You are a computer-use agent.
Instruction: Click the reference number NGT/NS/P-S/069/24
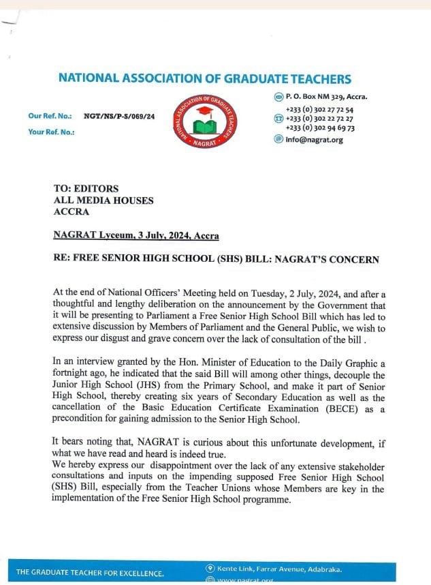click(x=119, y=117)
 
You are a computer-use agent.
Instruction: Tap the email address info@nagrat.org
click(x=314, y=140)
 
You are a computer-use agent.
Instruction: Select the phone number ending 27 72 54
click(x=319, y=109)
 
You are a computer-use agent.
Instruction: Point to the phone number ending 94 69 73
click(x=319, y=127)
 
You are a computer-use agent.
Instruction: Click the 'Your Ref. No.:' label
click(x=51, y=132)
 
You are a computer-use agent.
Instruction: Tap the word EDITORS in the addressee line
click(x=95, y=188)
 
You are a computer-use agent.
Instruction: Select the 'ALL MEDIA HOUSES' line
click(x=103, y=200)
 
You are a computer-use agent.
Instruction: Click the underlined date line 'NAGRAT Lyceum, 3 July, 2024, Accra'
click(x=136, y=236)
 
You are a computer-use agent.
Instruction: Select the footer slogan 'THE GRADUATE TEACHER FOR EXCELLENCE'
click(x=90, y=572)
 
